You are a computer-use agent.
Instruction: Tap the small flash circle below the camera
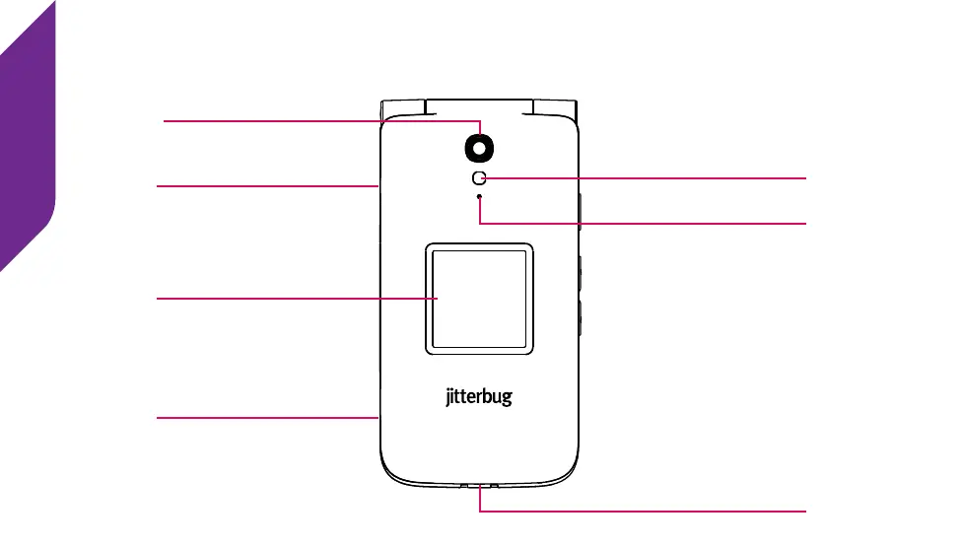(x=480, y=177)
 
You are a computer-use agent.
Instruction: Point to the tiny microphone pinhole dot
(x=480, y=197)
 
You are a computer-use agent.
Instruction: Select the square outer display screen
(x=480, y=298)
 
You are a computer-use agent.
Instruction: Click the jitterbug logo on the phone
(x=475, y=398)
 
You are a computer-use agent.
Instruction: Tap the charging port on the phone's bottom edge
(x=480, y=487)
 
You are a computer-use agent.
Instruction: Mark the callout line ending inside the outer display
(x=296, y=298)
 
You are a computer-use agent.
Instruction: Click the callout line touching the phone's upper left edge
(x=266, y=184)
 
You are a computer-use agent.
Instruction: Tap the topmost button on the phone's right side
(x=581, y=211)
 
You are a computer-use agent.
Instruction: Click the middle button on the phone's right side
(x=581, y=274)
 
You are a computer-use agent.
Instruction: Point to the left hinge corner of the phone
(x=403, y=105)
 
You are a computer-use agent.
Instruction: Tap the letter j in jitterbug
(x=440, y=399)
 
